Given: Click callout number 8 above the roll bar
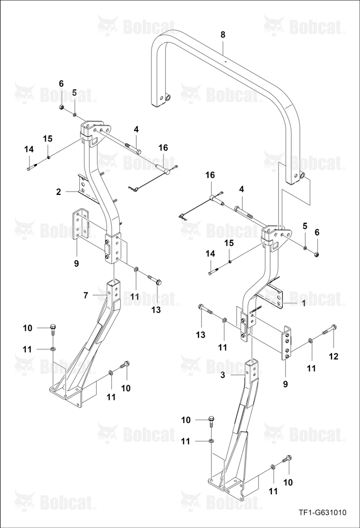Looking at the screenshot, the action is (x=223, y=34).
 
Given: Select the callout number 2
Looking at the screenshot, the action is (x=59, y=192).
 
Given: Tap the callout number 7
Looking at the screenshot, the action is (x=86, y=295).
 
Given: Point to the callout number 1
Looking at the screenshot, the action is (x=304, y=304).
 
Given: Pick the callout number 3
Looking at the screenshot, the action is (x=223, y=374).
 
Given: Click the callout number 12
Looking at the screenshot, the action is (x=334, y=356).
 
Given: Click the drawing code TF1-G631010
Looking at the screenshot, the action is (x=323, y=513).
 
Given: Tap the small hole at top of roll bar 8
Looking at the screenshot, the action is (x=225, y=61).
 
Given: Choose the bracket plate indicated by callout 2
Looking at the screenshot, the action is (x=88, y=188).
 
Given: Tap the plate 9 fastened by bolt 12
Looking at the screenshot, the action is (x=286, y=343).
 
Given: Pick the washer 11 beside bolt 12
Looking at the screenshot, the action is (x=311, y=342).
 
